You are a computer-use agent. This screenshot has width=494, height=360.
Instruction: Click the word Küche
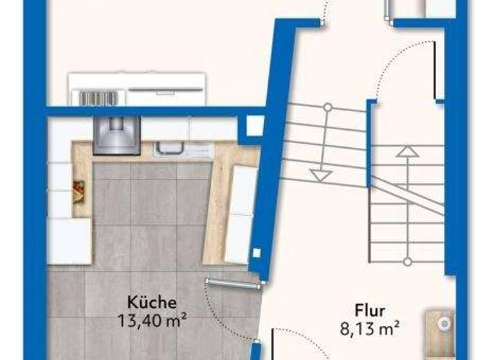click(x=152, y=301)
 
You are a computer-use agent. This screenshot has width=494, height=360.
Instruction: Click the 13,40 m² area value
click(x=152, y=317)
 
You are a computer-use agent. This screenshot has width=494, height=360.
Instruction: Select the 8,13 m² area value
click(x=370, y=329)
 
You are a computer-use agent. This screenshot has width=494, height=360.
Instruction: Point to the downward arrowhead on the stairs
click(x=320, y=174)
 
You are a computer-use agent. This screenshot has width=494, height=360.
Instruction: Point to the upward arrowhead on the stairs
click(x=407, y=152)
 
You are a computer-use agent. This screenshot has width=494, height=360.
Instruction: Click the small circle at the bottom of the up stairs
click(x=407, y=261)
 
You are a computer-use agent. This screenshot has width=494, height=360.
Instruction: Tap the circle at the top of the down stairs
click(x=327, y=107)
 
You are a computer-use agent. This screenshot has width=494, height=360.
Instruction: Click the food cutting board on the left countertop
click(x=79, y=190)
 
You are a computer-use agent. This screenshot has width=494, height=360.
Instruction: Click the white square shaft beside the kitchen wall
click(x=255, y=126)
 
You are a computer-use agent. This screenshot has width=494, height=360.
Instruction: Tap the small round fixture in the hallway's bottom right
click(x=443, y=325)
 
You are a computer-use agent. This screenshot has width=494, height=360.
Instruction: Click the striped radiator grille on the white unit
click(x=98, y=98)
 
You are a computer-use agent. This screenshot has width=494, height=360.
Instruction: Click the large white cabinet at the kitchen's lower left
click(x=69, y=241)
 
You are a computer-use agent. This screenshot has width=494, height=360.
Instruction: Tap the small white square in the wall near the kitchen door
click(x=256, y=251)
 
